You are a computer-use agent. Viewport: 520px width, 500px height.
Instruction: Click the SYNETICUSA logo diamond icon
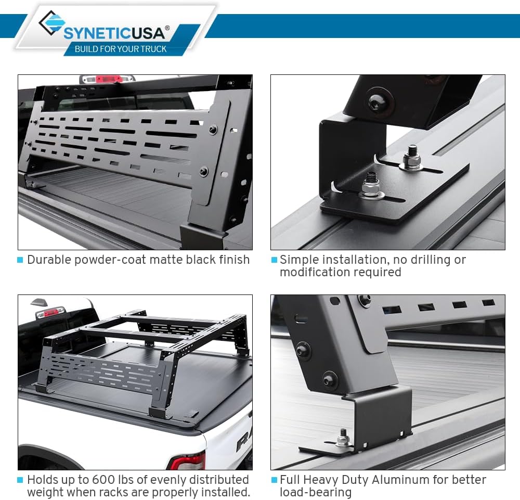tap(51, 24)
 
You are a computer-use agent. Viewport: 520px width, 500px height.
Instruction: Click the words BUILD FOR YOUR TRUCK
tap(121, 49)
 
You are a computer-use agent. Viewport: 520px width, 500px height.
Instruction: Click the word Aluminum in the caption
tap(412, 480)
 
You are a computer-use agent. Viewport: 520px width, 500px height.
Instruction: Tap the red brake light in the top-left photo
tap(108, 79)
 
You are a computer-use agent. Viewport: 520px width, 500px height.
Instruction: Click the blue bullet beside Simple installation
tap(274, 260)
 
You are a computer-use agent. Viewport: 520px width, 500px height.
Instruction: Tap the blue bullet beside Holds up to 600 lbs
tap(20, 480)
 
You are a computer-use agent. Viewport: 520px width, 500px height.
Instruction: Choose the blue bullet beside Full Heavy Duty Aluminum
tap(274, 480)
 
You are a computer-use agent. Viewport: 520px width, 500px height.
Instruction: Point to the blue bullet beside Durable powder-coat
tap(20, 260)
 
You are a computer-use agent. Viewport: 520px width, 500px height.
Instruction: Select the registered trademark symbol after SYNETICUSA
tap(167, 28)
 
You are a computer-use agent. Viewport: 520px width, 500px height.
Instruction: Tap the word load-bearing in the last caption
tap(316, 492)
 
